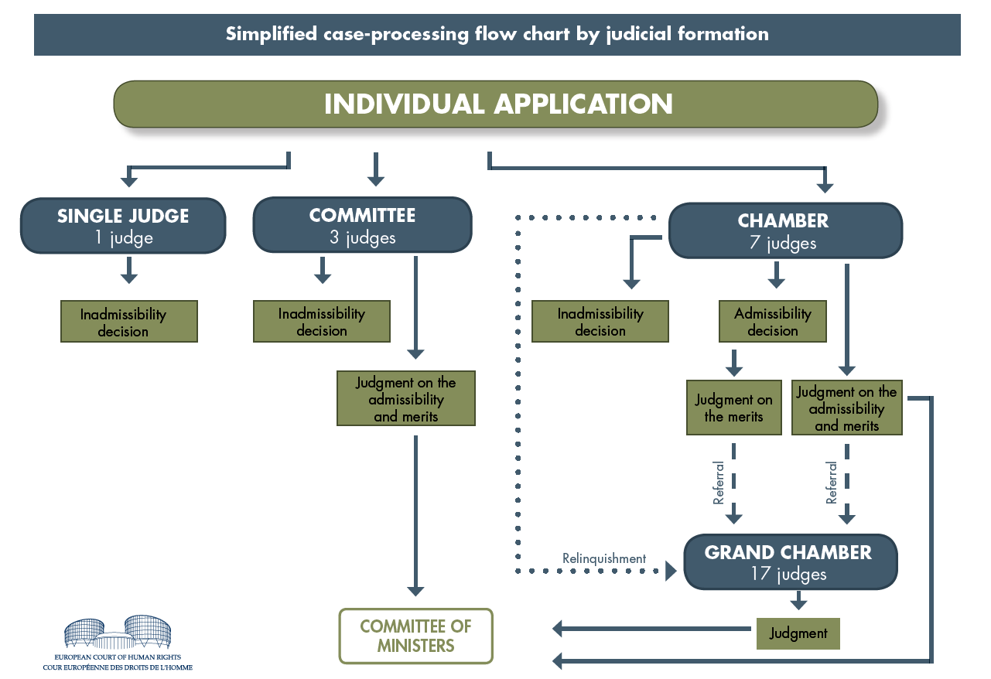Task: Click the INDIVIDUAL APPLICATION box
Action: coord(495,104)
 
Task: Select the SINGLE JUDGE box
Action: coord(123,226)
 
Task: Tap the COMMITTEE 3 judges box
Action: coord(362,225)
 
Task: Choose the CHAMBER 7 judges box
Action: coord(785,230)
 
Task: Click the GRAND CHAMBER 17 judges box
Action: coord(791,561)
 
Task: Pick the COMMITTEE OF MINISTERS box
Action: coord(416,636)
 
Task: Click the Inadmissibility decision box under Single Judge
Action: coord(129,322)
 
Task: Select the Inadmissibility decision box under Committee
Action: coord(322,322)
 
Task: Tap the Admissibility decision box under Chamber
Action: coord(772,322)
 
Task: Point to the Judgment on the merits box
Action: coord(734,408)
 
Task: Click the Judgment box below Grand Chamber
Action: coord(798,633)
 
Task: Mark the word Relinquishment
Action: coord(604,558)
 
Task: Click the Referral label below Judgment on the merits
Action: coord(719,483)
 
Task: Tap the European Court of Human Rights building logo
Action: coord(118,632)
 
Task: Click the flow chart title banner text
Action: coord(497,34)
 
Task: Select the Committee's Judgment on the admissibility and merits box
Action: coord(406,398)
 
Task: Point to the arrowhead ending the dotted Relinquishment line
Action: coord(671,571)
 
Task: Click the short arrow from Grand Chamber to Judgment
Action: coord(798,601)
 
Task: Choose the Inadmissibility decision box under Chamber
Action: coord(600,322)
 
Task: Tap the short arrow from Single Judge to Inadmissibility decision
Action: coord(129,270)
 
